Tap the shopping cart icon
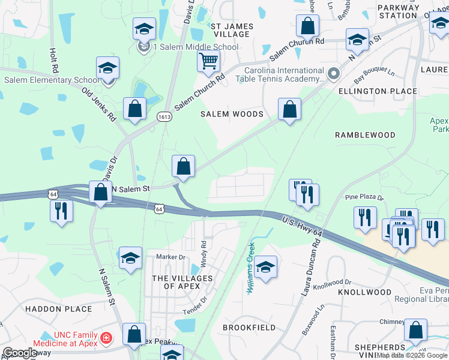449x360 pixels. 208,61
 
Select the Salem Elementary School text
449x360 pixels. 52,80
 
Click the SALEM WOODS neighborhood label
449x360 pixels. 232,114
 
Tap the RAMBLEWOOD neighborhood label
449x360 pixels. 365,135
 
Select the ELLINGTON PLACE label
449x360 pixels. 378,91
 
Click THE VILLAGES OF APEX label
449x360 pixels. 182,282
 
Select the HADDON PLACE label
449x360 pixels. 59,309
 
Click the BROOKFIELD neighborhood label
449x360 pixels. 249,328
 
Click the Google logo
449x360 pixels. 20,353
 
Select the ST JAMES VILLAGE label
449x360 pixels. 232,30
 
